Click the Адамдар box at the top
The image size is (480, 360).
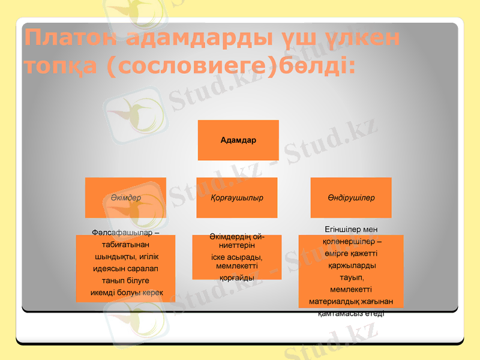(x=238, y=140)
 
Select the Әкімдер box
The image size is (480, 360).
(x=125, y=197)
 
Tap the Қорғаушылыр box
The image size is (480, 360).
(x=237, y=197)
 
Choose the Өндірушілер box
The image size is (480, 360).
(x=351, y=197)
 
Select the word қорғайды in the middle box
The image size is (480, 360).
(x=236, y=278)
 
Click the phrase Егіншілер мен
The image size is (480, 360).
(x=351, y=229)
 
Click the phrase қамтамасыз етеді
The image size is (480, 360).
(x=351, y=313)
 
